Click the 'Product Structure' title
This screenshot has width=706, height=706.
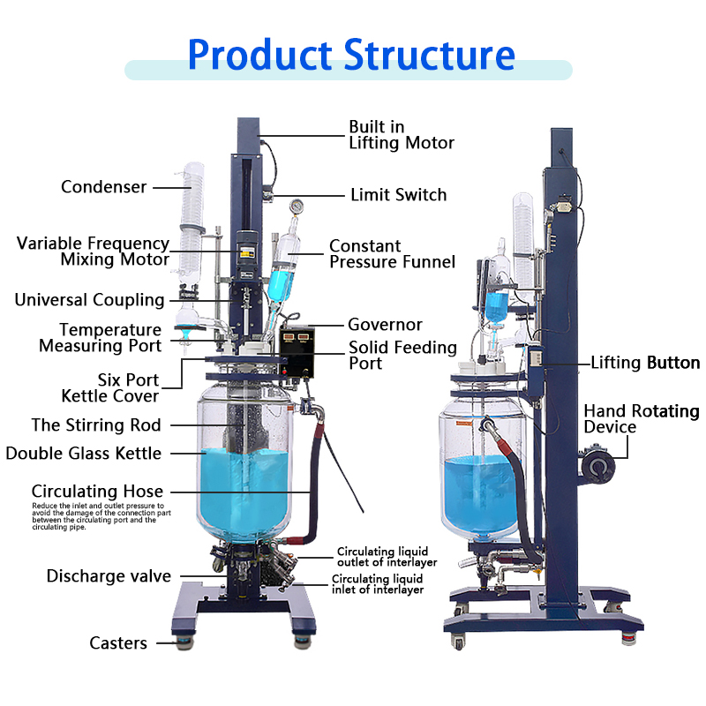coord(351,55)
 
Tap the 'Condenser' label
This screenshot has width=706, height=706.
coord(103,187)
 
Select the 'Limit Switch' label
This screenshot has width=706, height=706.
coord(398,195)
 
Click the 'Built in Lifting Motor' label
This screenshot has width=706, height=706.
coord(402,135)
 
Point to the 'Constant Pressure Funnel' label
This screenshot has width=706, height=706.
coord(392,254)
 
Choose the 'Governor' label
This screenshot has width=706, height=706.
coord(385,326)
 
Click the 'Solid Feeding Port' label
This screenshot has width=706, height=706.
coord(402,356)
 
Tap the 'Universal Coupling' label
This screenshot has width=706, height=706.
coord(89,300)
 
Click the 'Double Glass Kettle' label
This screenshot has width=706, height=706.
coord(84,454)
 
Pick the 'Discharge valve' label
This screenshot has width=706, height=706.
coord(109,577)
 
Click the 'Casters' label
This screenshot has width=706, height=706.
coord(118,643)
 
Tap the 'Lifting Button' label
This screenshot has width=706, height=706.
coord(645,363)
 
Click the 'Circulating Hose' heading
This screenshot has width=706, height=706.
coord(97,492)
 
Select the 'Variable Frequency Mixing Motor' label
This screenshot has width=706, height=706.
coord(93,252)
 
